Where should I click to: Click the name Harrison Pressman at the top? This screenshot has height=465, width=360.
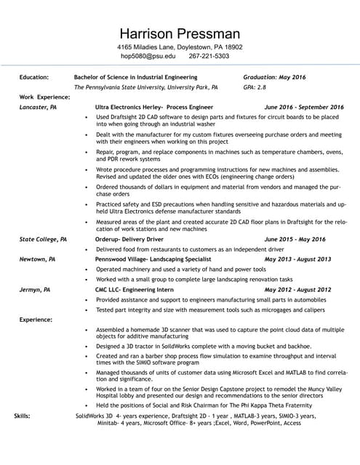(x=180, y=33)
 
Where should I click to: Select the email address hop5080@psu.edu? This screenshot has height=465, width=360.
(x=148, y=56)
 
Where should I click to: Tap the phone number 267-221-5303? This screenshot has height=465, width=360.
(x=209, y=56)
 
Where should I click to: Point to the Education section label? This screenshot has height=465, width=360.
(x=34, y=76)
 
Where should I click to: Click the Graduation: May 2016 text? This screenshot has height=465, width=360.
(x=274, y=76)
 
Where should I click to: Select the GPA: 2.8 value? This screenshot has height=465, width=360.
(x=255, y=86)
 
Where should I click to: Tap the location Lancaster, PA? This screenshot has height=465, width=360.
(x=38, y=107)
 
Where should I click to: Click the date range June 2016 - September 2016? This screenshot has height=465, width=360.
(x=304, y=107)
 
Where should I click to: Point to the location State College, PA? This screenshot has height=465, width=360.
(x=43, y=239)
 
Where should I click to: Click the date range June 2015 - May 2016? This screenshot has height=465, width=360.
(x=295, y=239)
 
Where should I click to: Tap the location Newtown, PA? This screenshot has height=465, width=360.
(x=37, y=259)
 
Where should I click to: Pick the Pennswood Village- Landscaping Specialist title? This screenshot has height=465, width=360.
(x=151, y=259)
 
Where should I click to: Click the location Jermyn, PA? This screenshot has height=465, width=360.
(x=35, y=289)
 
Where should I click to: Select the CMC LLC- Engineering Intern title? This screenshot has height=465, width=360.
(x=135, y=289)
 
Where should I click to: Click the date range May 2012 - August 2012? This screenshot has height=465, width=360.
(x=297, y=289)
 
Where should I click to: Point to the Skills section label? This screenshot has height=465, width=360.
(x=23, y=416)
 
